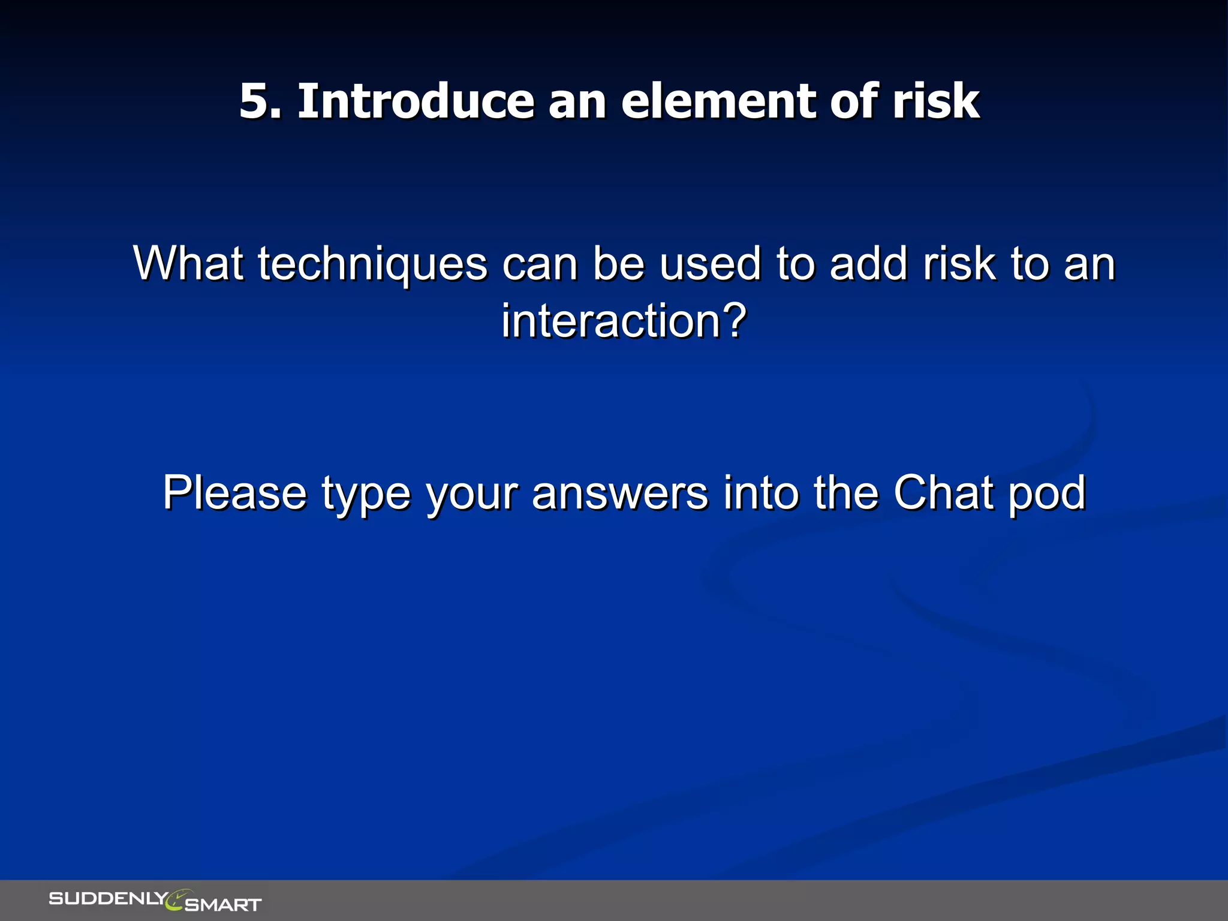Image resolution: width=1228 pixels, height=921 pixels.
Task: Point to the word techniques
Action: (x=372, y=264)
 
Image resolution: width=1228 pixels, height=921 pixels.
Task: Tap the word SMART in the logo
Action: (x=223, y=904)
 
